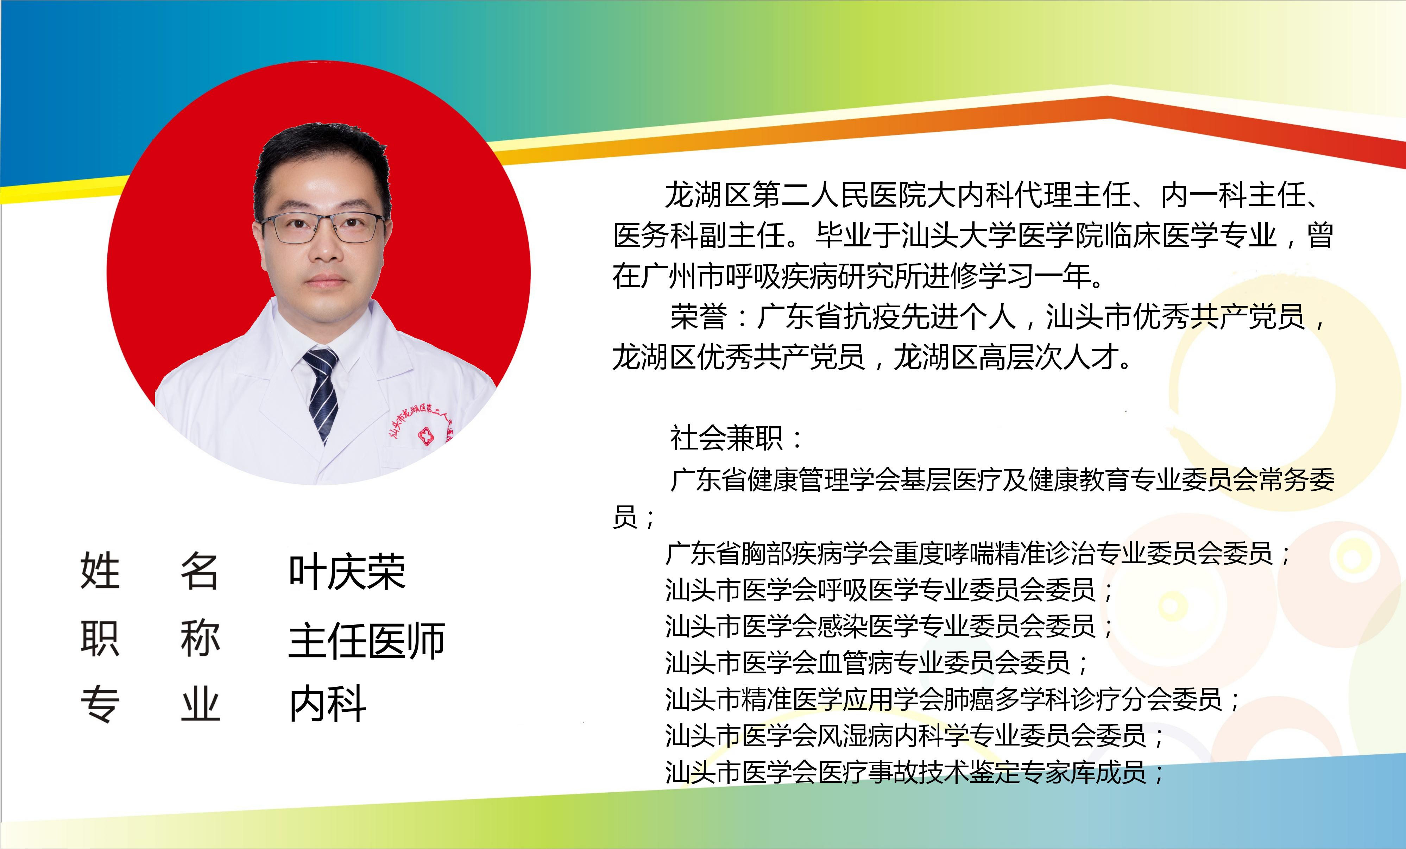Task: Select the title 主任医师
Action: [367, 640]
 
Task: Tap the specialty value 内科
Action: [328, 704]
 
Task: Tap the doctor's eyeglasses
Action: [322, 227]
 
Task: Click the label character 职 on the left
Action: [100, 639]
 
